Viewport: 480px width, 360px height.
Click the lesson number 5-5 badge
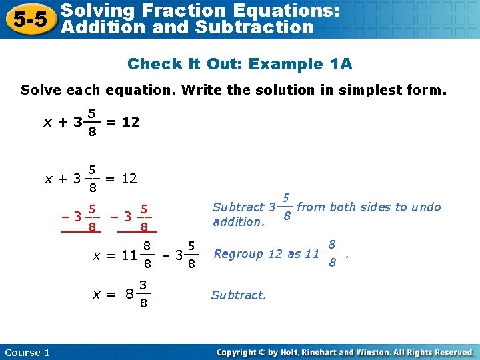tap(27, 19)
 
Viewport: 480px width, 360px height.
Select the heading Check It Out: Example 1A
tap(240, 64)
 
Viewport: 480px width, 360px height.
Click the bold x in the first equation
tap(47, 123)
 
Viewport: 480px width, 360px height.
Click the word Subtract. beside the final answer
tap(239, 295)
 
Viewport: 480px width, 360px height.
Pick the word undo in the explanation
tap(426, 207)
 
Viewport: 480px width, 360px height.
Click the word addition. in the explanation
tap(239, 222)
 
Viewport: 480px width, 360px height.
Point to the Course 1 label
tap(27, 352)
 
